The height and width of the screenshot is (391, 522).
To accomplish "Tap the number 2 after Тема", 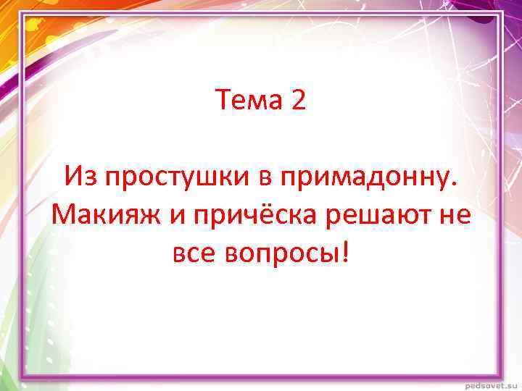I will [x=298, y=101].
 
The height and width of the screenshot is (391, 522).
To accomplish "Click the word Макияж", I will [x=101, y=214].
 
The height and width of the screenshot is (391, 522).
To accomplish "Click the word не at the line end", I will [x=455, y=214].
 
